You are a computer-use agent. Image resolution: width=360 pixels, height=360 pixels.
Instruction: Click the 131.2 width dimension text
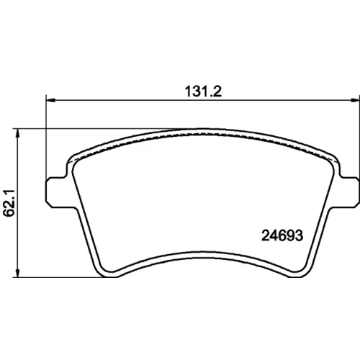coord(203,91)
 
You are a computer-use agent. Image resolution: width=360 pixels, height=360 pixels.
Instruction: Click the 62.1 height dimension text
coord(10,203)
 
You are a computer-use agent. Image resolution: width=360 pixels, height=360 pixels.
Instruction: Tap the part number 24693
coord(282,235)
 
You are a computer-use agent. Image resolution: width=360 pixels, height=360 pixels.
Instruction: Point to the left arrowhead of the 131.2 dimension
coord(50,100)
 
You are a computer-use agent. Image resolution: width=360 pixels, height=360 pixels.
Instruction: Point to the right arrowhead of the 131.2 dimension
coord(354,100)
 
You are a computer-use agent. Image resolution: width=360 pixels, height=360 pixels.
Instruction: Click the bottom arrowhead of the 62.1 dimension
coord(17,273)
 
